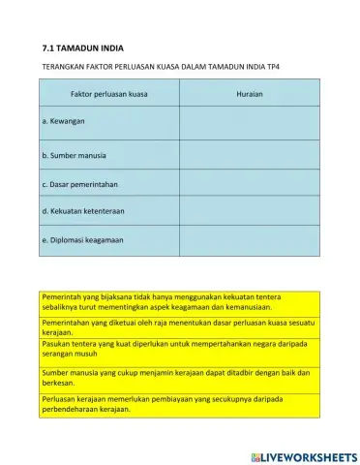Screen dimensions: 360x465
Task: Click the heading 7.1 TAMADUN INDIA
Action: (83, 46)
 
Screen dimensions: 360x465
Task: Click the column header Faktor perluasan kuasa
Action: (109, 94)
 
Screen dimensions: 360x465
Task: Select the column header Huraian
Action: (250, 94)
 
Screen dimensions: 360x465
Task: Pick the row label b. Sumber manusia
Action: (75, 155)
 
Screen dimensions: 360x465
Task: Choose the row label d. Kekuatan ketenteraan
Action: (83, 210)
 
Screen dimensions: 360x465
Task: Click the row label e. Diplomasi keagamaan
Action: (83, 239)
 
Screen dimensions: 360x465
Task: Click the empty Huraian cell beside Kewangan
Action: (250, 124)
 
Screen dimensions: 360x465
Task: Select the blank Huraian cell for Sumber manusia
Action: (250, 155)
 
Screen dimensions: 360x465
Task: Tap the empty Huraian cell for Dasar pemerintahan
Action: (250, 183)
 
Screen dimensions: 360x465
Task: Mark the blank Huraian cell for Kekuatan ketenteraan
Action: (250, 210)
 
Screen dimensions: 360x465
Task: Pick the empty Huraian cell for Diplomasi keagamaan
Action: (250, 239)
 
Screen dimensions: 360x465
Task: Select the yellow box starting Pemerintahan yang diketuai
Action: (180, 325)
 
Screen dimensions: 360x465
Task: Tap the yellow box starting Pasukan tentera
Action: (180, 351)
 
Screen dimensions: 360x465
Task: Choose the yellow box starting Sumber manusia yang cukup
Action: (180, 377)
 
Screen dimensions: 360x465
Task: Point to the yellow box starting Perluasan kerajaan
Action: (180, 403)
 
